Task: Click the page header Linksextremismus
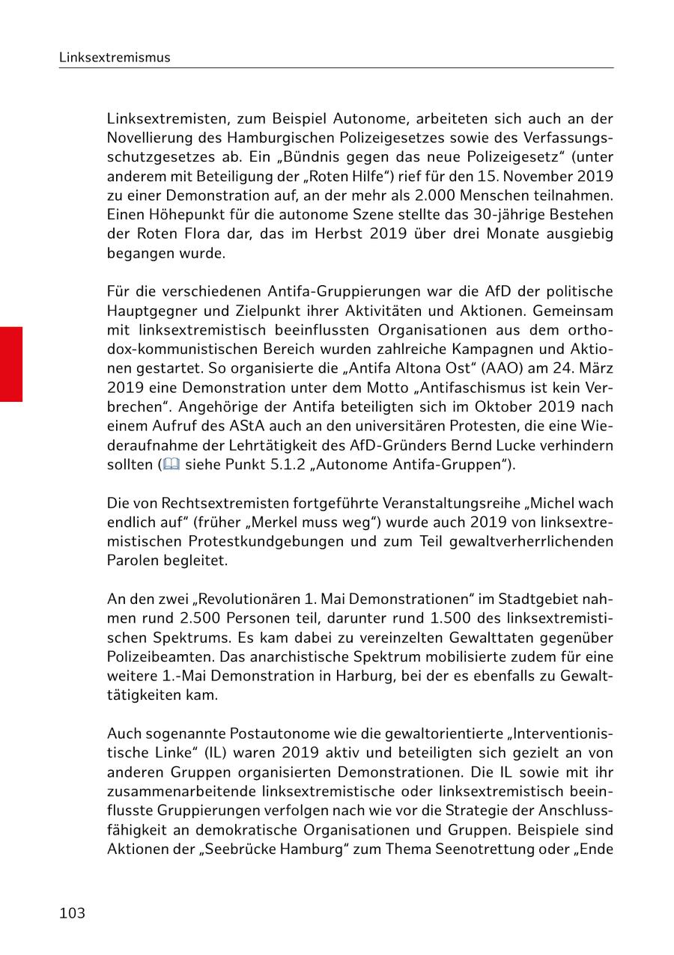(x=115, y=58)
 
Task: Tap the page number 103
(x=73, y=913)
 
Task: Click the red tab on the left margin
(x=11, y=364)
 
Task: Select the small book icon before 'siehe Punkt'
(x=171, y=465)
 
